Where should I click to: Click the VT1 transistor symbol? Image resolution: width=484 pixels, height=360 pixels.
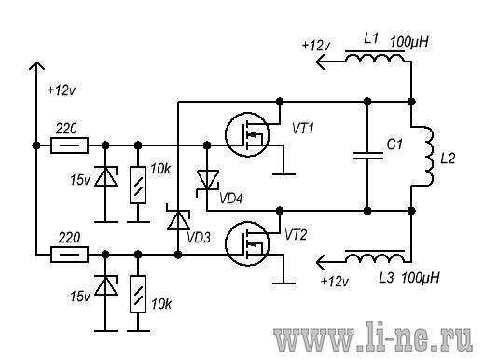tap(247, 134)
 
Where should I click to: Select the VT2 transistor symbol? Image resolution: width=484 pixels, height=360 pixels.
tap(247, 243)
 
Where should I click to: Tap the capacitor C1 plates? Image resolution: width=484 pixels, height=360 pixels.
tap(367, 156)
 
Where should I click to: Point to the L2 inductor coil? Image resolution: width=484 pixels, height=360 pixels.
tap(428, 157)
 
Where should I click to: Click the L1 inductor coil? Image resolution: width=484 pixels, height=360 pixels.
tap(375, 57)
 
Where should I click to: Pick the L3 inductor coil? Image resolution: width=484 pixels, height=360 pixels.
tap(375, 257)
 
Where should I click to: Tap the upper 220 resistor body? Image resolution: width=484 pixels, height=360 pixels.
tap(69, 145)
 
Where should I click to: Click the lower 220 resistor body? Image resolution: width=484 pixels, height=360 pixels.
tap(69, 255)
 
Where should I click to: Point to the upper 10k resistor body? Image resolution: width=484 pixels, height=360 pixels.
tap(138, 185)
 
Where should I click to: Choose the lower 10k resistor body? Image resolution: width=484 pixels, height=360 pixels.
tap(138, 294)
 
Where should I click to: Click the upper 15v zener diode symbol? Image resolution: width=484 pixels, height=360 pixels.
tap(105, 176)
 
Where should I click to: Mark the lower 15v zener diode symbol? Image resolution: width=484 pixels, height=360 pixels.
tap(105, 285)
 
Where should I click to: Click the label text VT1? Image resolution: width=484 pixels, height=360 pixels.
tap(303, 129)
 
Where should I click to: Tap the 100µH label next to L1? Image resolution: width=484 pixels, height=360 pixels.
tap(409, 42)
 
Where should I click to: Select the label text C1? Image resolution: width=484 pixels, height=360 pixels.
tap(394, 145)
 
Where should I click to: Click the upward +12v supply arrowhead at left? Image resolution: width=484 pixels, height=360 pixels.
tap(36, 66)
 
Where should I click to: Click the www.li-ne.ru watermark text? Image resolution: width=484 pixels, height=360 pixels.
tap(373, 337)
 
